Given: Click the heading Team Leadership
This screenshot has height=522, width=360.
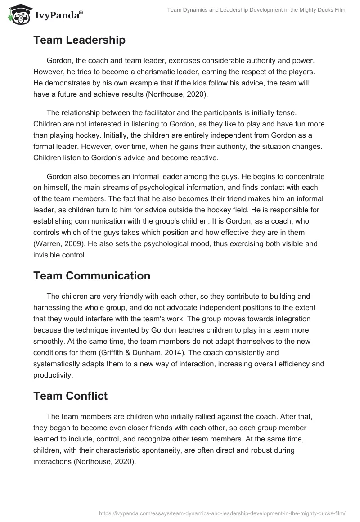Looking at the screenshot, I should (x=79, y=40).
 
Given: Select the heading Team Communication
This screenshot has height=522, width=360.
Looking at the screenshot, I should (x=92, y=276).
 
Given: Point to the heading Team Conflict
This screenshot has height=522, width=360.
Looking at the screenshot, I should (x=70, y=396).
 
